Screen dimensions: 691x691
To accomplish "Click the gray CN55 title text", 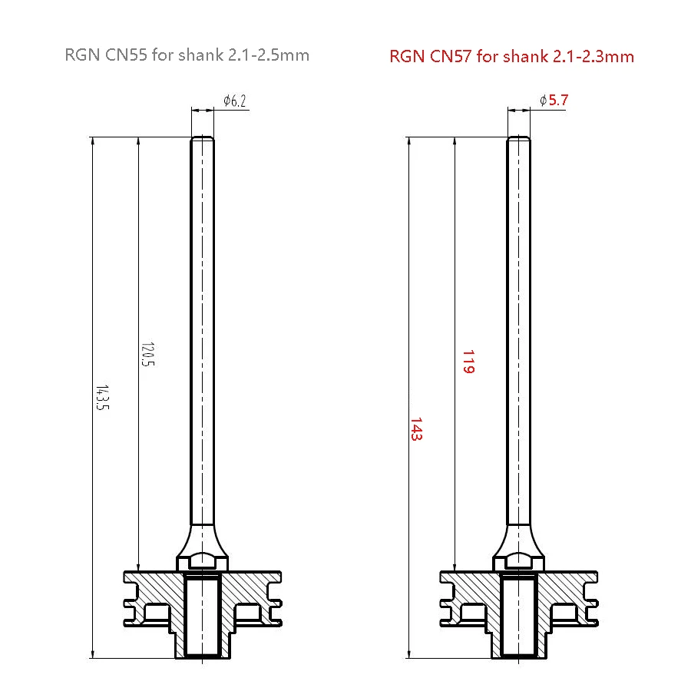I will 188,55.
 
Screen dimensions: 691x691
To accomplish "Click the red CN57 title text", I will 511,56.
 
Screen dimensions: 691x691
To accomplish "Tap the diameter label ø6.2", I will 234,101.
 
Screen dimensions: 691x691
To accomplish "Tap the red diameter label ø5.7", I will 554,101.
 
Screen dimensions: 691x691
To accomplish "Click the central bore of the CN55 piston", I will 203,618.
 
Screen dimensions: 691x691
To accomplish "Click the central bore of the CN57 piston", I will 518,618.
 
